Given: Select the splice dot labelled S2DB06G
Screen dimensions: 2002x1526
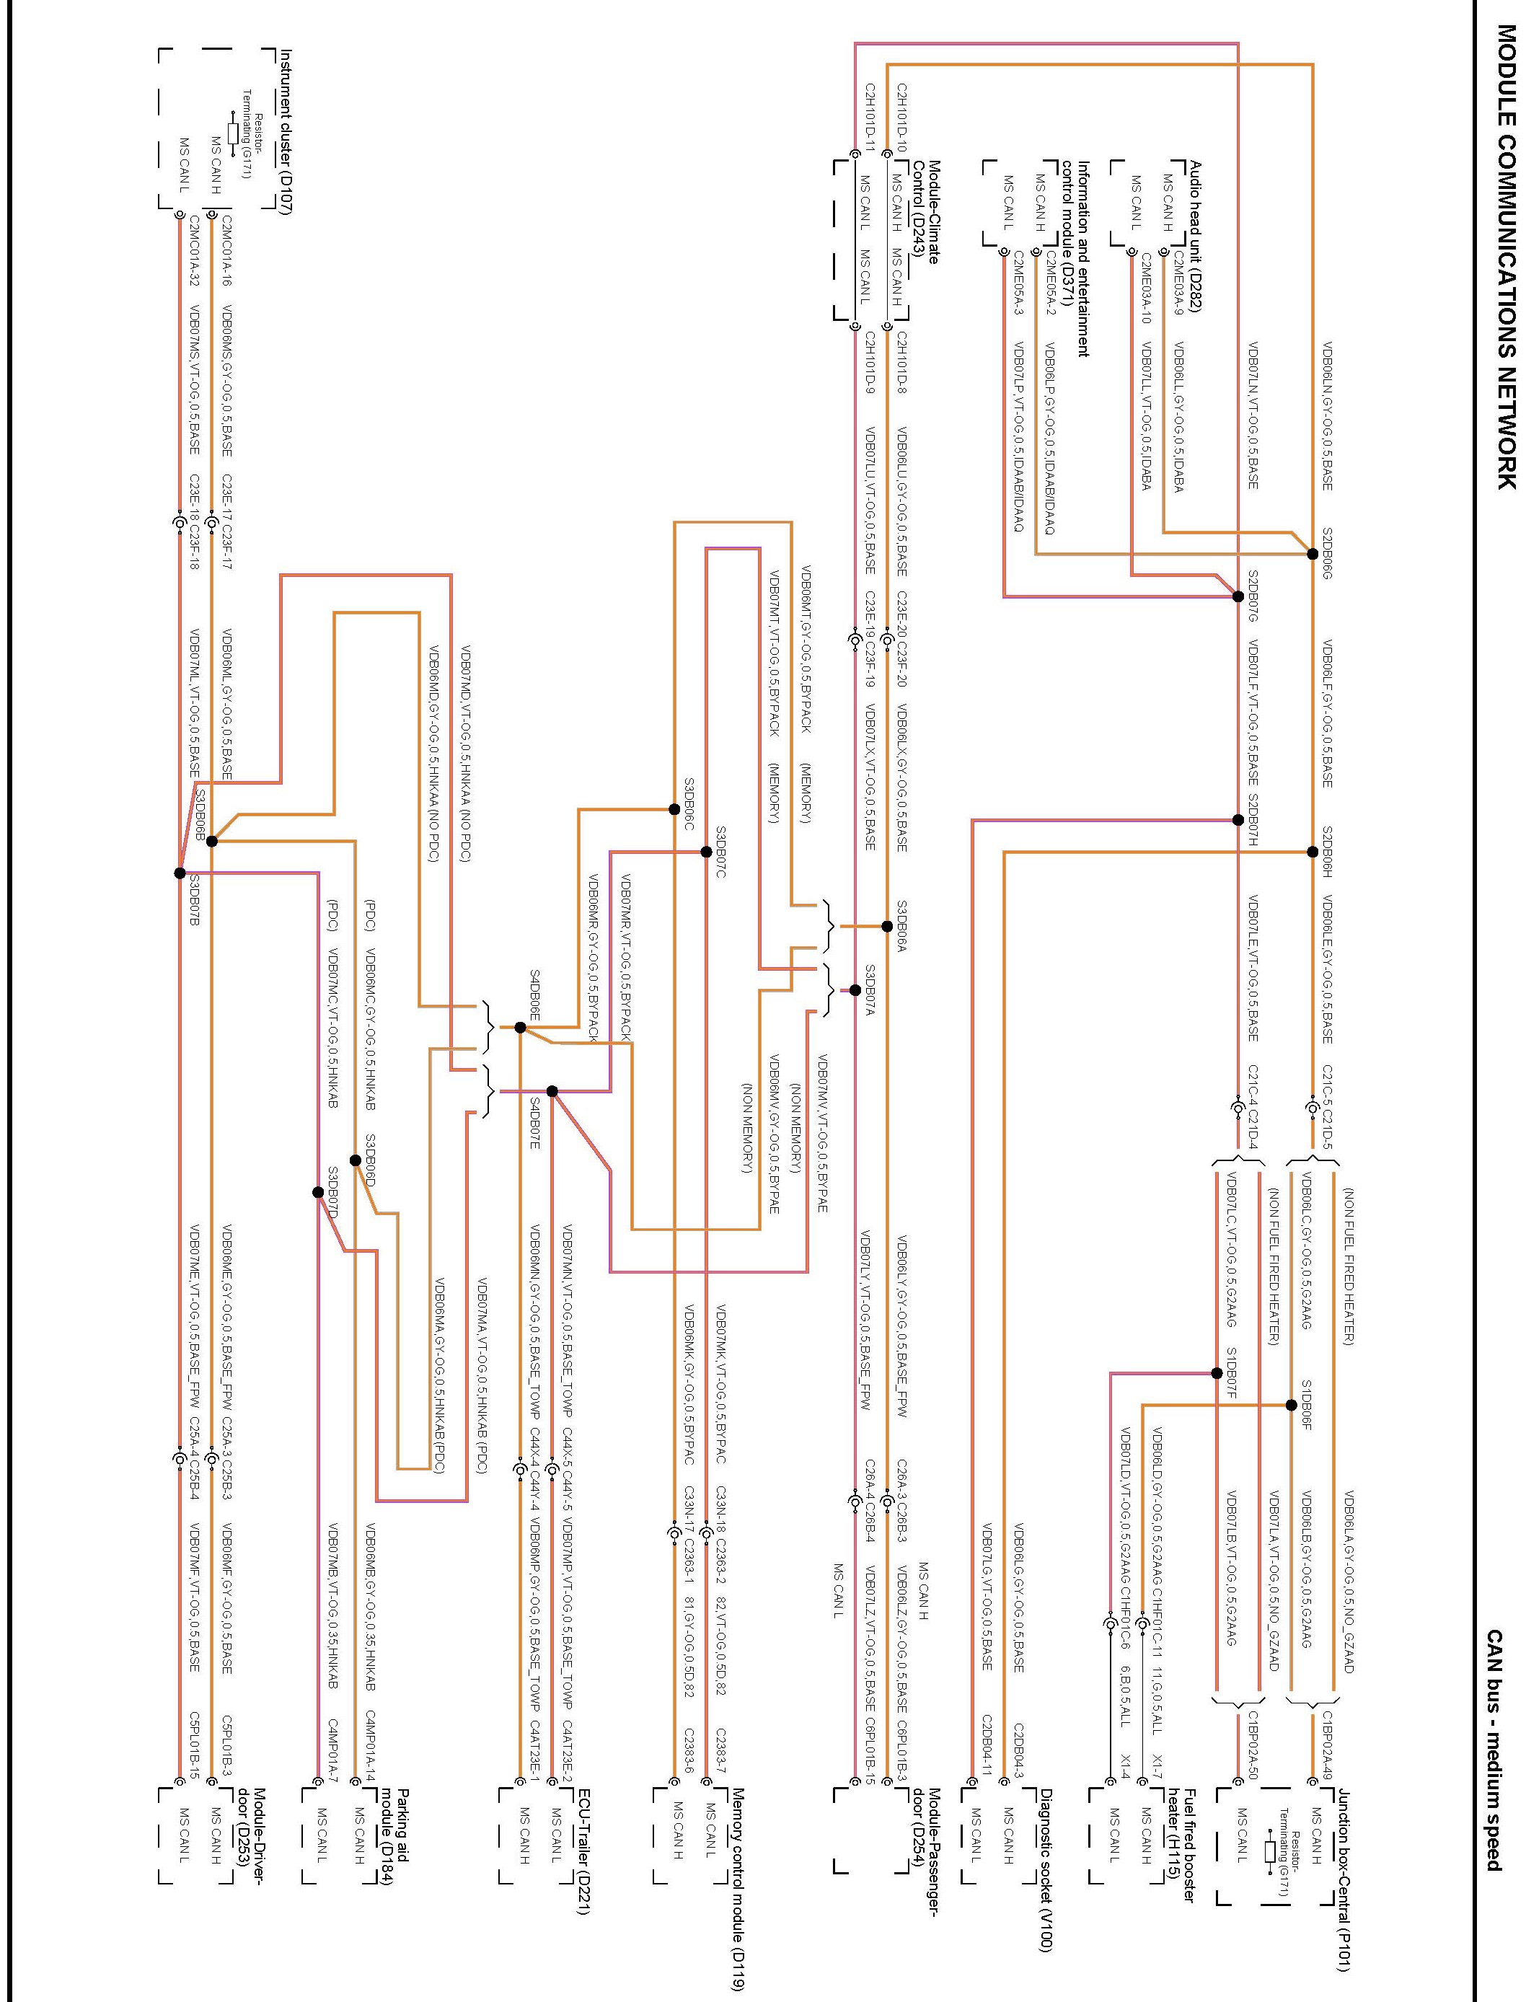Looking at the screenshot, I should [x=1312, y=553].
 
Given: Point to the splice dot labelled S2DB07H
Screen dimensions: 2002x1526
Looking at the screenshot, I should [x=1237, y=819].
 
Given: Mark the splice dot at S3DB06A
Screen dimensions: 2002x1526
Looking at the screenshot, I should [x=886, y=927].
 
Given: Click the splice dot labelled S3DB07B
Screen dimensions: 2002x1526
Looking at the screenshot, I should [x=180, y=873].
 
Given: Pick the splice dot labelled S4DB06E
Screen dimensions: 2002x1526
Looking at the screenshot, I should [x=519, y=1028].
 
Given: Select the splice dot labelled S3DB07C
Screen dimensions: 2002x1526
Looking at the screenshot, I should [x=706, y=851].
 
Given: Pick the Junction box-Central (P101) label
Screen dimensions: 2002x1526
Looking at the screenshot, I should [x=1344, y=1890].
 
